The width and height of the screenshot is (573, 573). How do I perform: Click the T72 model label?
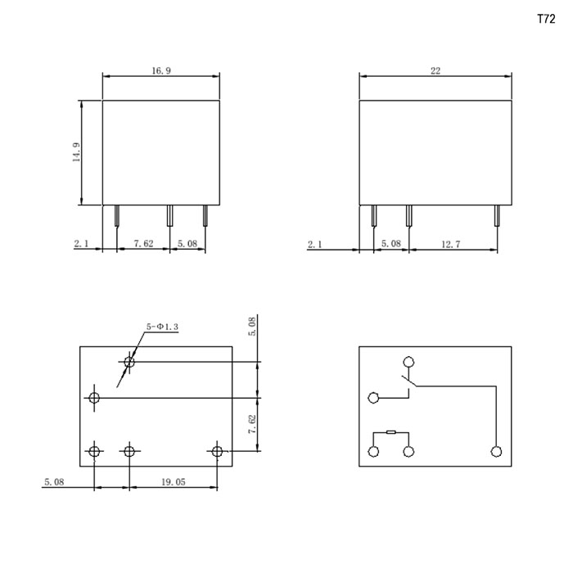tap(546, 19)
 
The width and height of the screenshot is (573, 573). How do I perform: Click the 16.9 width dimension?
tap(161, 70)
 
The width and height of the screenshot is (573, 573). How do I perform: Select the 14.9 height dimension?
tap(76, 152)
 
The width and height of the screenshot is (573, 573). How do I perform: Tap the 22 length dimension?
tap(435, 70)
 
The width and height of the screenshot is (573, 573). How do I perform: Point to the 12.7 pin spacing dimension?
tap(451, 244)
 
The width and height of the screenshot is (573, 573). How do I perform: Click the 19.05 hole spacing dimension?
tap(174, 482)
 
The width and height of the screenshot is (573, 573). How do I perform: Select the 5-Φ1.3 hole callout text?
tap(162, 327)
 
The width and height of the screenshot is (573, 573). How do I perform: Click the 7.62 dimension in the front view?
tap(143, 243)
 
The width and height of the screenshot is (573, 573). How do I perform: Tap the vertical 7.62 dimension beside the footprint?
tap(252, 424)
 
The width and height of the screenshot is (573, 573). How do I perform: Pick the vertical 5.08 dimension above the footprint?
tap(252, 327)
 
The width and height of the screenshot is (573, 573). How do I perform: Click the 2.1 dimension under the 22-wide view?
tap(314, 244)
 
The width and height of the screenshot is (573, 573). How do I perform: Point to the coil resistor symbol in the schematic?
tap(390, 432)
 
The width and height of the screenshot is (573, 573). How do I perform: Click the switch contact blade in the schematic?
tap(409, 381)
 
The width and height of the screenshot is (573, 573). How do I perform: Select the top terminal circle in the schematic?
tap(408, 362)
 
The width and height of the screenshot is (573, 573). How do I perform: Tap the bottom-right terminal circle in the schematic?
tap(496, 452)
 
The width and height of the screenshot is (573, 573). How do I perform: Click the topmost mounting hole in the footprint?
tap(129, 362)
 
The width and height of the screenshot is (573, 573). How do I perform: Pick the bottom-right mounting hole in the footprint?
tap(217, 451)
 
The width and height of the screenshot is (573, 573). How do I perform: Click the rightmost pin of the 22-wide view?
tap(497, 215)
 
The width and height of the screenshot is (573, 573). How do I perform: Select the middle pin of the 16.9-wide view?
tap(169, 215)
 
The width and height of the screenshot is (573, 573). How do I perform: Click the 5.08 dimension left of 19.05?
tap(54, 482)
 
